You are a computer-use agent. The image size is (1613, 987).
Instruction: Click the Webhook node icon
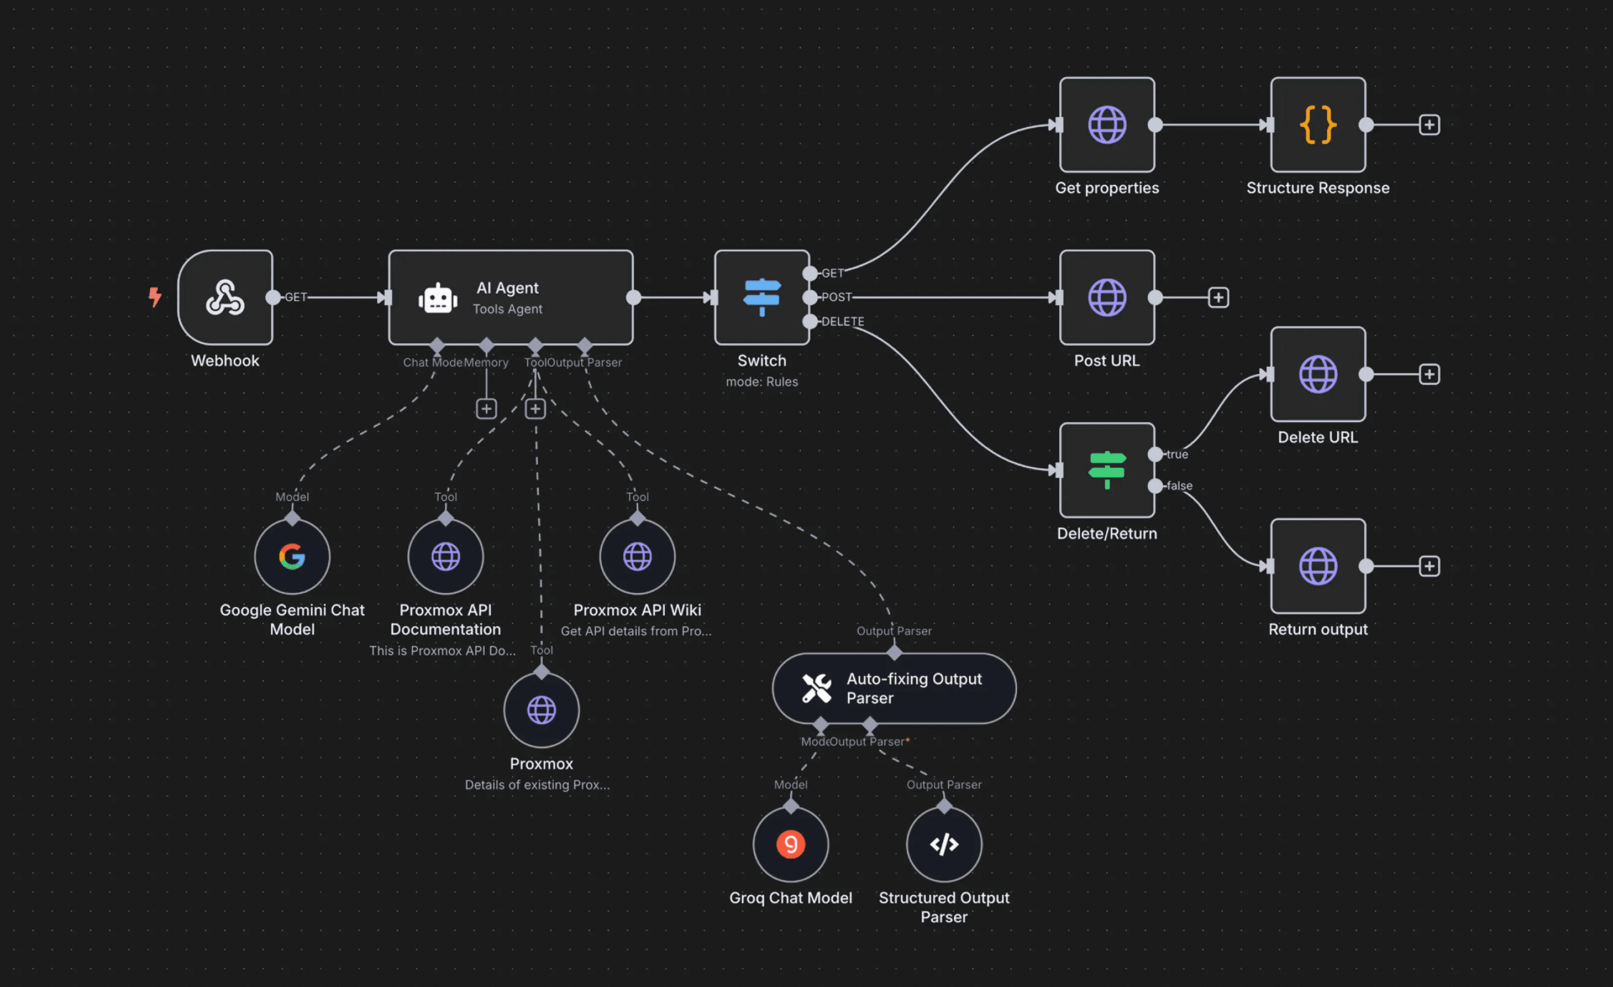tap(225, 297)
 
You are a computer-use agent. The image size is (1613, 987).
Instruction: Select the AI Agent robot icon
tap(437, 299)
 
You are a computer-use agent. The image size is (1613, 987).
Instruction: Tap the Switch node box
tap(761, 297)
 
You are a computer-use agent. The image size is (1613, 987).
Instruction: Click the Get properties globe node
tap(1106, 124)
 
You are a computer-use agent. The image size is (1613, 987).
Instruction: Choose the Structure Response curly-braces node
tap(1317, 124)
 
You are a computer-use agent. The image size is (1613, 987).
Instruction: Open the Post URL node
tap(1106, 297)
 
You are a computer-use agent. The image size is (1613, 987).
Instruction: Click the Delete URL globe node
tap(1317, 374)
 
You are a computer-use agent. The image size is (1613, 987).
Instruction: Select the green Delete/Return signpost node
tap(1106, 469)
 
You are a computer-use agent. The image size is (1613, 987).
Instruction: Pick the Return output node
tap(1317, 566)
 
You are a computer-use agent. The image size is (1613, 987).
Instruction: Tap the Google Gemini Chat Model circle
tap(292, 557)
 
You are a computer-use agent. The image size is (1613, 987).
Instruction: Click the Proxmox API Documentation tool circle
tap(445, 557)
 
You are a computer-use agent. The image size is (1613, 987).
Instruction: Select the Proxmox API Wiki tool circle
tap(637, 557)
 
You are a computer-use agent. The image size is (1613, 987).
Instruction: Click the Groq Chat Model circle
tap(790, 844)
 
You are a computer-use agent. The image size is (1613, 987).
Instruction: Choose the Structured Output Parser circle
tap(943, 844)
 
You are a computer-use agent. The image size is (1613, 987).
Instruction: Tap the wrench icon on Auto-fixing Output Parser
tap(816, 688)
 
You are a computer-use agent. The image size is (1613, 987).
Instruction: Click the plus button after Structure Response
tap(1428, 124)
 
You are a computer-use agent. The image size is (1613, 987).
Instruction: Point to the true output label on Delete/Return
tap(1176, 455)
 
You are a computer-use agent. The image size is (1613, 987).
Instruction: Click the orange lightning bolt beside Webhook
tap(155, 297)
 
